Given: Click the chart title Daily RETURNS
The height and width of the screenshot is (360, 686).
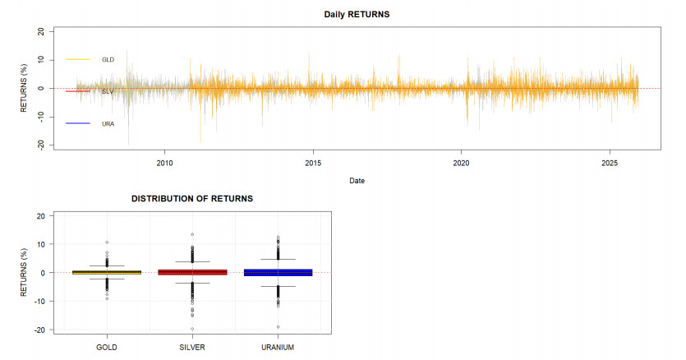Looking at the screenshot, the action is click(x=357, y=15).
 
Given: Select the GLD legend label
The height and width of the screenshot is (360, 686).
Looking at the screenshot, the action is click(x=108, y=59).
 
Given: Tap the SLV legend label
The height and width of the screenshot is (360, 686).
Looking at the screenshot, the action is click(x=108, y=91).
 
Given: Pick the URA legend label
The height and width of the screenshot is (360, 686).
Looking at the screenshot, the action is click(x=108, y=124).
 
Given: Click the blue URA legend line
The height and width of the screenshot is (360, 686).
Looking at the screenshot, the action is click(x=78, y=123).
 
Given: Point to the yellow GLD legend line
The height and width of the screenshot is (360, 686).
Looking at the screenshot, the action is click(x=78, y=59).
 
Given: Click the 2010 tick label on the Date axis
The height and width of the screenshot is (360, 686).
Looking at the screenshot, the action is click(x=164, y=164).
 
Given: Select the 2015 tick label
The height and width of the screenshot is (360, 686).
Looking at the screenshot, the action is click(x=313, y=164).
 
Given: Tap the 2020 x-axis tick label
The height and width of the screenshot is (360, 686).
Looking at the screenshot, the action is click(x=461, y=164).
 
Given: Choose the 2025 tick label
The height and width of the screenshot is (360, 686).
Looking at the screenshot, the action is click(x=610, y=164).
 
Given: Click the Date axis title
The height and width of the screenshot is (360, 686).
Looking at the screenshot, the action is click(x=357, y=181).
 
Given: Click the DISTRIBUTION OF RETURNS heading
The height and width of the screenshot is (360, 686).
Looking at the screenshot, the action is click(x=192, y=199).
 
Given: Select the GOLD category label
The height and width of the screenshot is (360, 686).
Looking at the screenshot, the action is click(x=107, y=348).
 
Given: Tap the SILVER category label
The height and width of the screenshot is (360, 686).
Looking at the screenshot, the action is click(x=192, y=348).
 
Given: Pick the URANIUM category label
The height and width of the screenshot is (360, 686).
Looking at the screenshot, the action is click(x=278, y=348).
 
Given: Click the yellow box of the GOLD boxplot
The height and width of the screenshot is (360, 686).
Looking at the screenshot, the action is click(x=107, y=272).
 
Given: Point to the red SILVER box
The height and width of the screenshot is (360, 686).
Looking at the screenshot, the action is click(x=192, y=272).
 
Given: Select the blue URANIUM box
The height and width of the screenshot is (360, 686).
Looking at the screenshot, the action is click(x=279, y=272).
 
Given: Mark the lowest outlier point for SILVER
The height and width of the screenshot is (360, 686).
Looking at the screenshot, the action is click(x=192, y=329).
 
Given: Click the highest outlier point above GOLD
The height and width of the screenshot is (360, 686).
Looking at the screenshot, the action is click(x=107, y=242).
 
